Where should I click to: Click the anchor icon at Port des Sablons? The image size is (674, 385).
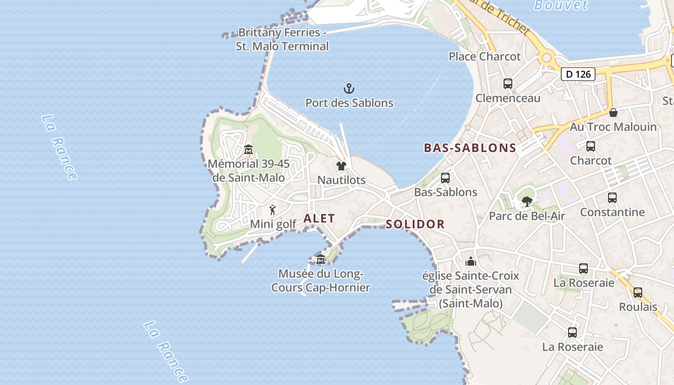pos(349,89)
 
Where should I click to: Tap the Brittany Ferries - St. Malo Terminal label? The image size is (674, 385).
pos(282,39)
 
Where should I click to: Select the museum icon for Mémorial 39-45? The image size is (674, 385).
pos(248,150)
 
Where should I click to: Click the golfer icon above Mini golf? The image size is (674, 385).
pos(273,210)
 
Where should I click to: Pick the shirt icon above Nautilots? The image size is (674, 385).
pos(341,166)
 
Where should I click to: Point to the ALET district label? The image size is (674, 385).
pos(319,218)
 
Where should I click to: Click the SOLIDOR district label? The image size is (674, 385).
pos(415,224)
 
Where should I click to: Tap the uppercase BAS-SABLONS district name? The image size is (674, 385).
pos(470,148)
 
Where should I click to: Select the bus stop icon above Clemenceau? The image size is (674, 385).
pos(508,84)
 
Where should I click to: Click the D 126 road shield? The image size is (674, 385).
pos(578,74)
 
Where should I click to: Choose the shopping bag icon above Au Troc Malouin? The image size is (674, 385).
pos(613,113)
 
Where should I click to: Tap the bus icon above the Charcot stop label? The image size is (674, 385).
pos(591,146)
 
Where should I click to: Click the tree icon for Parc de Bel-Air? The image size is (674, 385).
pos(527,202)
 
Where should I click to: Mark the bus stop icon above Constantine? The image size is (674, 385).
pos(612,198)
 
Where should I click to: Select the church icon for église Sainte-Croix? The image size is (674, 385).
pos(471,261)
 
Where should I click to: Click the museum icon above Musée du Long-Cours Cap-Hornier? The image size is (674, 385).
pos(321,260)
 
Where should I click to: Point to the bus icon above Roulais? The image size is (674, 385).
pos(638,293)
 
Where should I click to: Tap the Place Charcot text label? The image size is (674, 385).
pos(484,56)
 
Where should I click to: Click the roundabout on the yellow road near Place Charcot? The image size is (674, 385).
pos(546,58)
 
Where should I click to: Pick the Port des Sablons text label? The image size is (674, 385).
pos(349,103)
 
